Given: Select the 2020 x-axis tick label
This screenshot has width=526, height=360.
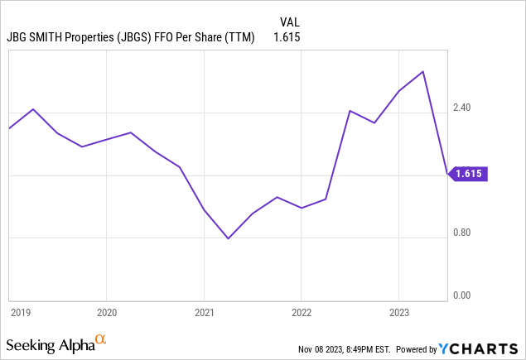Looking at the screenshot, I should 106,312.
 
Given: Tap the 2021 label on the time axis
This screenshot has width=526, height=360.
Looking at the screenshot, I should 204,312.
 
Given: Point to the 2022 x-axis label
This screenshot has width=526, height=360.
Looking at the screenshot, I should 301,312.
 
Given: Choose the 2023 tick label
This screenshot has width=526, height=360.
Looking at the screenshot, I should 398,312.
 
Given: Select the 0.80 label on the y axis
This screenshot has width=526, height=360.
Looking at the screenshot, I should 461,233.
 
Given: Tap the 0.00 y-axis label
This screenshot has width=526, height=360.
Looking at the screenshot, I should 461,295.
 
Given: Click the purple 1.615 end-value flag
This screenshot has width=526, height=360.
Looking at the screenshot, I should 469,174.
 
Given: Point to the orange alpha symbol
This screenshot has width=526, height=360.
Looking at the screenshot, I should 101,339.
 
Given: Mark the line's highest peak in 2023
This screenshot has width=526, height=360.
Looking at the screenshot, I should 423,71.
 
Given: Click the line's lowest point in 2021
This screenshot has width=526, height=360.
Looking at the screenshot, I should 229,238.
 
